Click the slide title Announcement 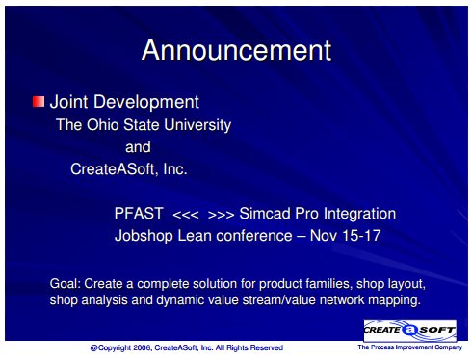[x=236, y=50]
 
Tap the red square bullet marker [x=39, y=102]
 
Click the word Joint [x=68, y=102]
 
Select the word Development [x=146, y=103]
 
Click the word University [x=197, y=125]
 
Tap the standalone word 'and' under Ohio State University [x=138, y=147]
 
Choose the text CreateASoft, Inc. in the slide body [x=129, y=169]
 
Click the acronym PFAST [x=139, y=214]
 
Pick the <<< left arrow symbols [x=186, y=215]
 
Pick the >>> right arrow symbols [x=221, y=215]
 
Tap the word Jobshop [x=144, y=236]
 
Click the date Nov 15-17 [x=345, y=236]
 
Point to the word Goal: [x=66, y=284]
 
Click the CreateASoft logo [x=410, y=330]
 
